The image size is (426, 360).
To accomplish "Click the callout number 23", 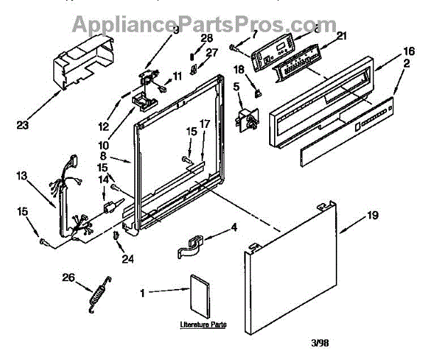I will click(23, 126).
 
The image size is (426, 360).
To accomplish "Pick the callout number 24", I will click(128, 258).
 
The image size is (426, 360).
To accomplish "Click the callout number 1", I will click(145, 290).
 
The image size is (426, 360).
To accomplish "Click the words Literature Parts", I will click(202, 324).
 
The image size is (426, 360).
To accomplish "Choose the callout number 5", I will click(236, 87).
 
